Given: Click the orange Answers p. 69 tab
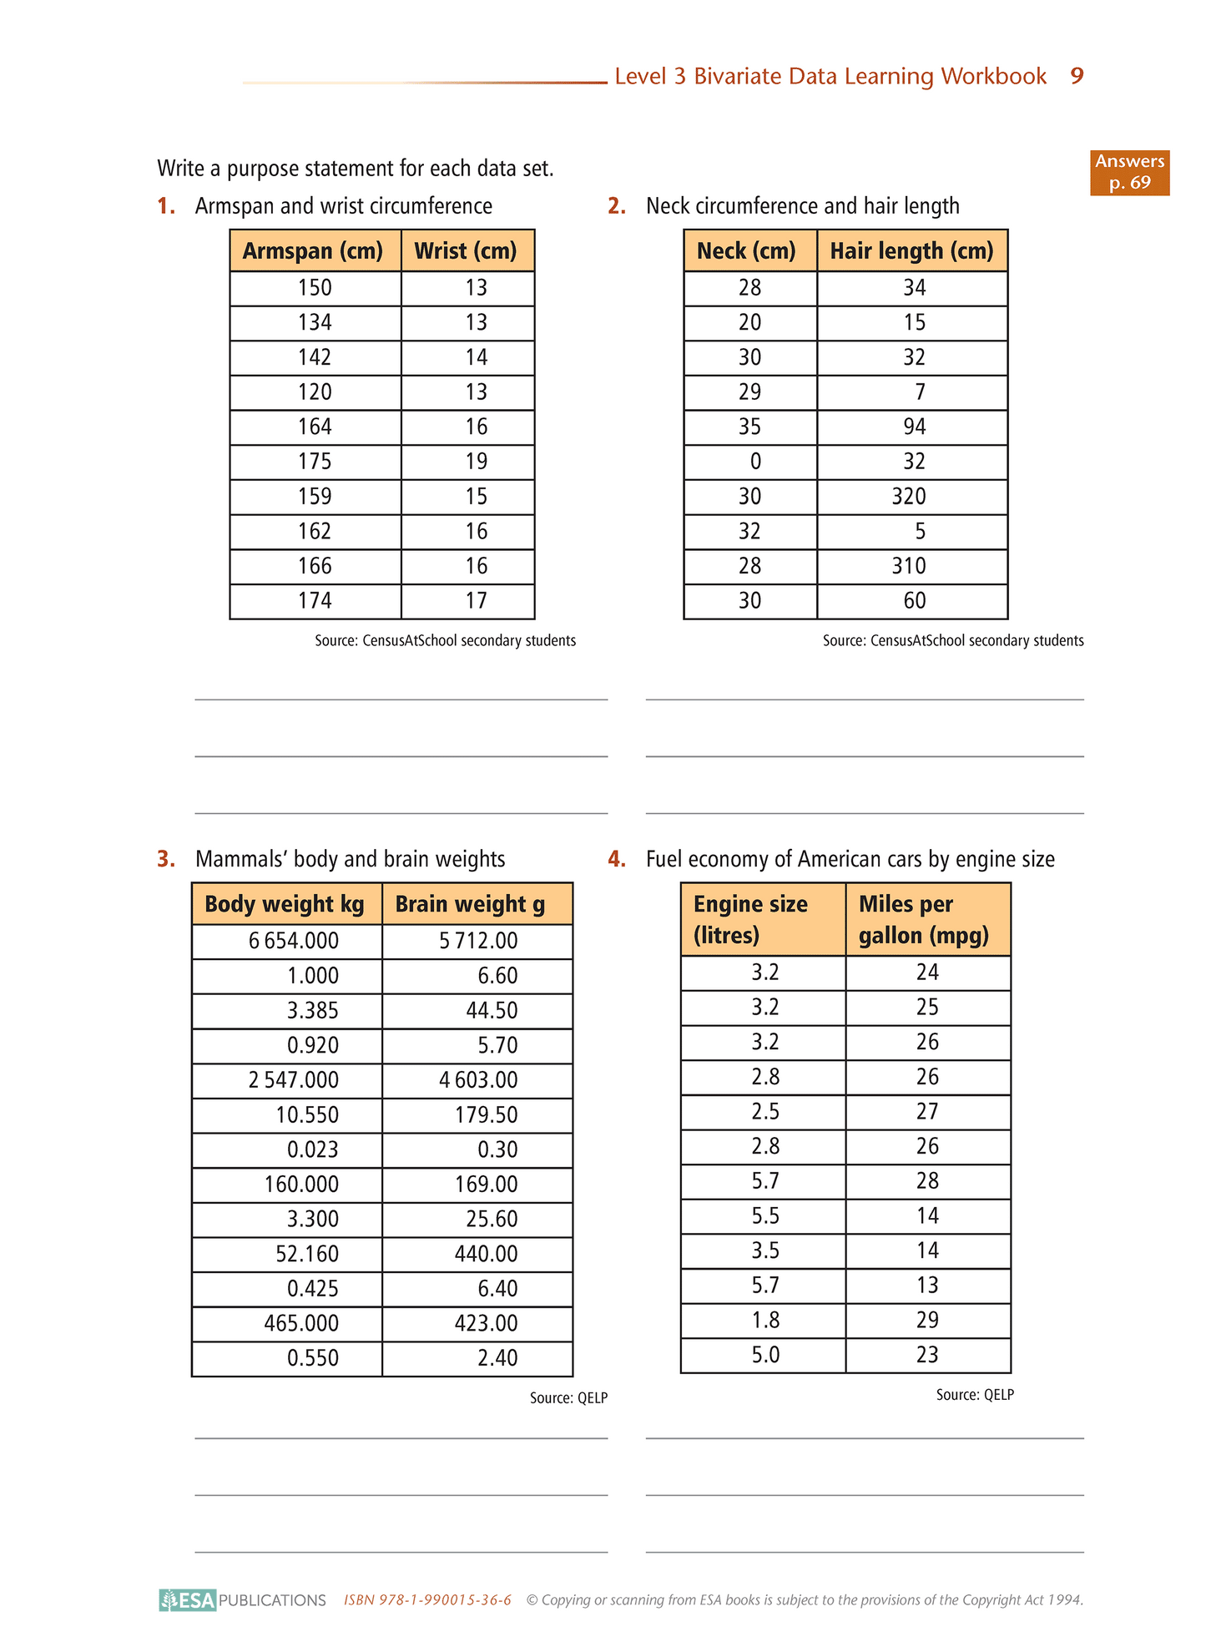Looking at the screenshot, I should click(x=1129, y=172).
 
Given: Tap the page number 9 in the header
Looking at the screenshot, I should click(x=1077, y=76).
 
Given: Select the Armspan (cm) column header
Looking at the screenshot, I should click(x=313, y=250).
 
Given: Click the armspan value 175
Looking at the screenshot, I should click(x=315, y=462).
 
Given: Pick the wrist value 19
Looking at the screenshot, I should click(x=476, y=462).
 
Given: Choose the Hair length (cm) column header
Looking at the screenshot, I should click(x=911, y=250).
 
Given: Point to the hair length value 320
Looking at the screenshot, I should click(x=908, y=497).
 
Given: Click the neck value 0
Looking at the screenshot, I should click(x=754, y=462).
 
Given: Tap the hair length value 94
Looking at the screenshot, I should click(x=914, y=427).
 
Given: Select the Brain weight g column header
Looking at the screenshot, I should click(x=470, y=904).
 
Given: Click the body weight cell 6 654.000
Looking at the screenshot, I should click(x=294, y=941).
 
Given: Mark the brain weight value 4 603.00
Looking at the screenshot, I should click(x=478, y=1080).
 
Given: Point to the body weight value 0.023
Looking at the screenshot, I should click(x=313, y=1149).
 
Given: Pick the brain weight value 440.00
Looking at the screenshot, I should click(x=486, y=1254).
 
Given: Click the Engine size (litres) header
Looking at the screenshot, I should click(x=750, y=919).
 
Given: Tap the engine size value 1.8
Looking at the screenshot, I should click(x=765, y=1320).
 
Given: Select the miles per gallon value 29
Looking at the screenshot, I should click(x=927, y=1320).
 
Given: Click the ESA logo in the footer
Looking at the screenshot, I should click(x=189, y=1599).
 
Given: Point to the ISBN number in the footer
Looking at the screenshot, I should click(x=427, y=1599).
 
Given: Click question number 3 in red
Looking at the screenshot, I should click(x=166, y=859).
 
